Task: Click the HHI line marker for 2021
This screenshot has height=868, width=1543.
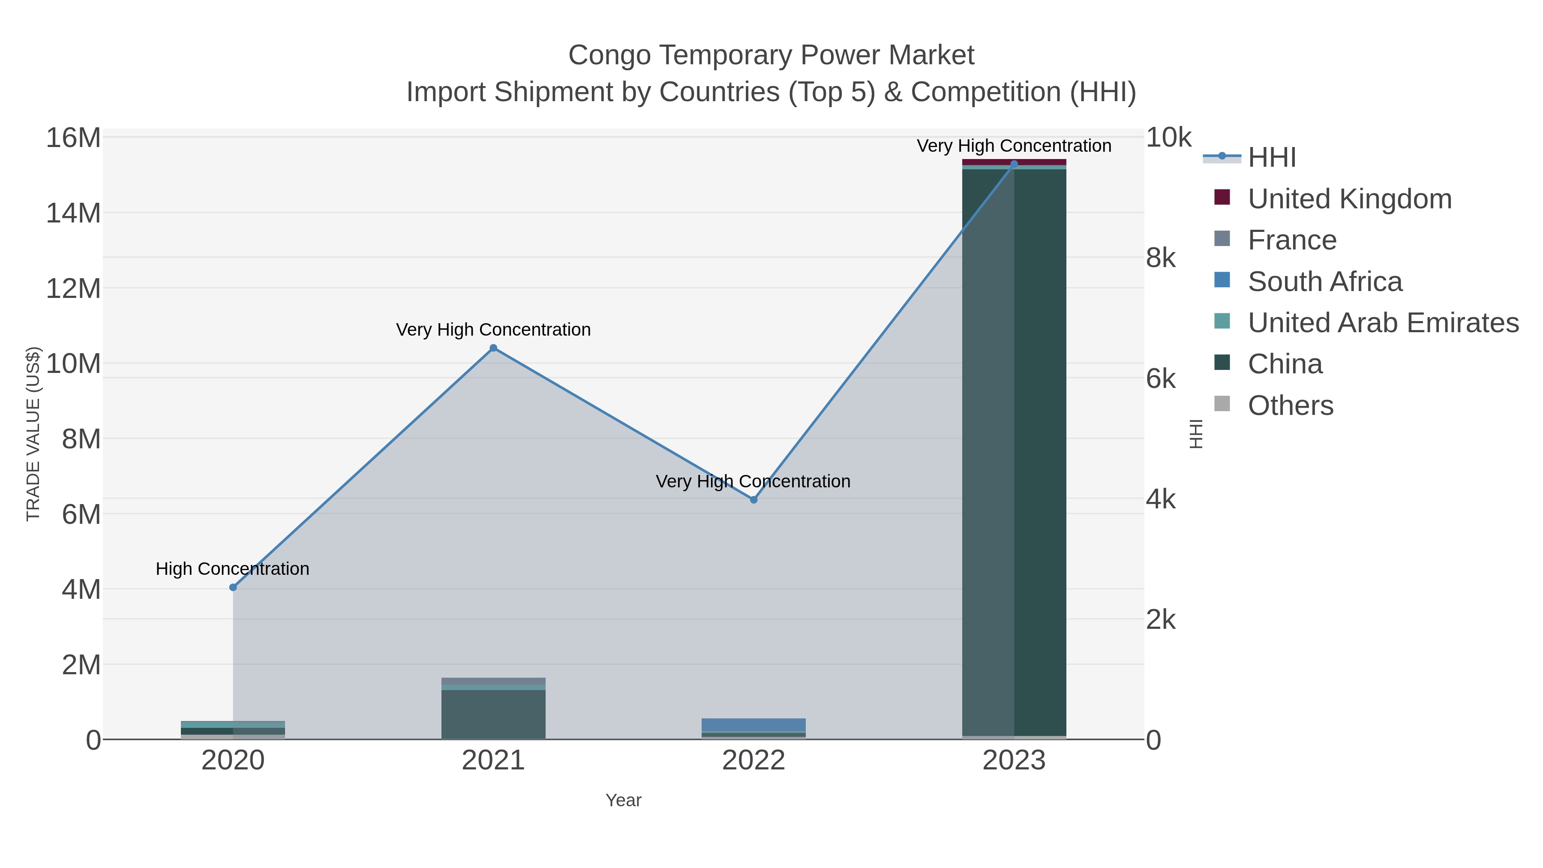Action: click(493, 348)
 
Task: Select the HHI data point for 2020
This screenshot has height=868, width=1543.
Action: click(233, 588)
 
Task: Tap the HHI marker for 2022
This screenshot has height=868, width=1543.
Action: click(753, 500)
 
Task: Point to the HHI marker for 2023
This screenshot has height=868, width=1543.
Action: click(1014, 164)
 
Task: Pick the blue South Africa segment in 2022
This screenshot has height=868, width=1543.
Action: click(753, 725)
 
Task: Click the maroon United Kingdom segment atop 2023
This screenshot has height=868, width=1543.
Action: click(1014, 162)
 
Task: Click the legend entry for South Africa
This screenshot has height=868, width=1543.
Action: click(1324, 282)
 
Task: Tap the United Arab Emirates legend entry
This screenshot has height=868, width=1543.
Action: click(1382, 323)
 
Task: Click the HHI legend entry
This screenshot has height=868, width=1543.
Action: click(1271, 158)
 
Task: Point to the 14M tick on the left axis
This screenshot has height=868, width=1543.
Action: click(73, 213)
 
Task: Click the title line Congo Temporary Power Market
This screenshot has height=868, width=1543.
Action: click(771, 55)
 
